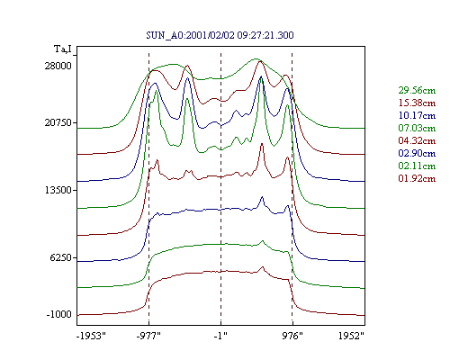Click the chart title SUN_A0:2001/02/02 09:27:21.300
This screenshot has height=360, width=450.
tap(220, 35)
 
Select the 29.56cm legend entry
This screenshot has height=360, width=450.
tap(417, 90)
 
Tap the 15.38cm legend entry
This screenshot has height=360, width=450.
tap(417, 103)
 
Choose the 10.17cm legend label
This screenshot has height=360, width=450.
tap(417, 115)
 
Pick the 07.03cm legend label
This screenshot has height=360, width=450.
tap(417, 128)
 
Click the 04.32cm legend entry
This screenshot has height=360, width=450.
tap(417, 140)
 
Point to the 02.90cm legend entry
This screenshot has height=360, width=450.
tap(417, 153)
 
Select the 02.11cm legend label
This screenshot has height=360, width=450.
tap(417, 166)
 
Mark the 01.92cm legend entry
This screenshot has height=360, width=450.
tap(417, 178)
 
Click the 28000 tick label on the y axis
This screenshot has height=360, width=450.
tap(58, 66)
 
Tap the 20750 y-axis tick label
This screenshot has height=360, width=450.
tap(58, 122)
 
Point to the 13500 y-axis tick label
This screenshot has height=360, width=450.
tap(58, 190)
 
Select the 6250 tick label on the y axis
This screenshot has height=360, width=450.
tap(61, 257)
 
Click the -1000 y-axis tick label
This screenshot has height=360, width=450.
tap(58, 314)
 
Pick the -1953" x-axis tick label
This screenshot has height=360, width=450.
tap(92, 336)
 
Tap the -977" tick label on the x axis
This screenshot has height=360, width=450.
tap(148, 336)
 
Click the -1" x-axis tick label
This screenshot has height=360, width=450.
tap(220, 336)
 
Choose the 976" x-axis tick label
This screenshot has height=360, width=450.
tap(292, 336)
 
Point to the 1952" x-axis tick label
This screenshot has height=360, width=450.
tap(351, 336)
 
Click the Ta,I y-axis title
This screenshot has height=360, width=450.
tap(63, 49)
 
